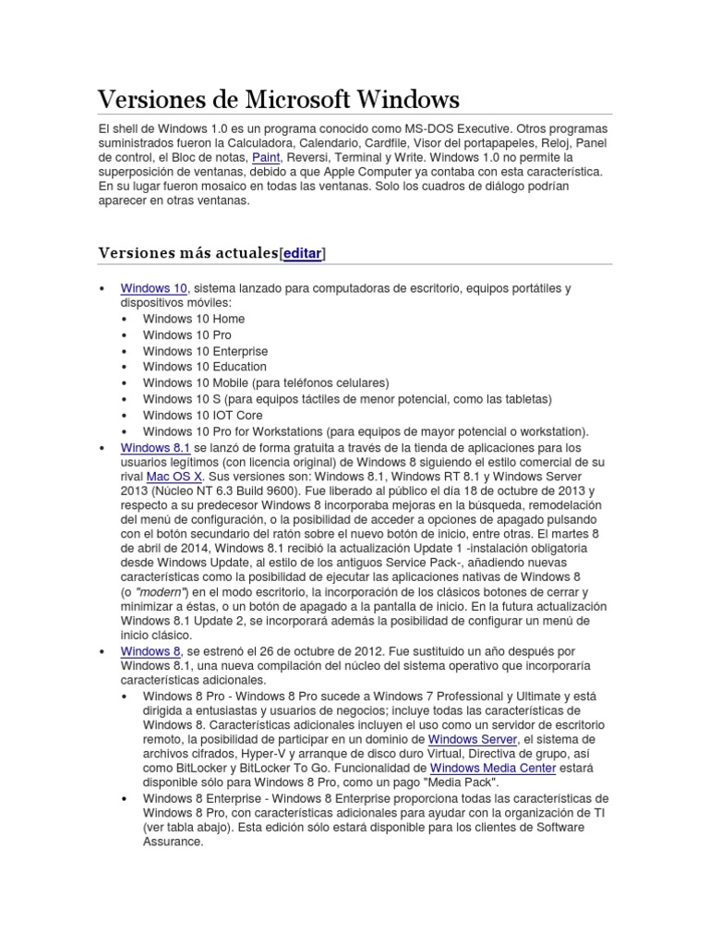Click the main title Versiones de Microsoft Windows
[x=278, y=99]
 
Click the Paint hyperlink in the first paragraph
[x=266, y=157]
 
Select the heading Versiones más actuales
[x=187, y=253]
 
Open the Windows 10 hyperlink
[x=154, y=288]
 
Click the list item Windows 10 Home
[x=194, y=319]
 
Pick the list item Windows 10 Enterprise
[x=205, y=351]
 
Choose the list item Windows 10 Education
[x=204, y=367]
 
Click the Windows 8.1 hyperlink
[x=155, y=447]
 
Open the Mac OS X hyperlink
[x=174, y=476]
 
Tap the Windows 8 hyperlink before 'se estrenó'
[x=150, y=651]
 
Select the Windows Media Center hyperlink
[x=493, y=768]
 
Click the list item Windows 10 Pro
[x=187, y=334]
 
